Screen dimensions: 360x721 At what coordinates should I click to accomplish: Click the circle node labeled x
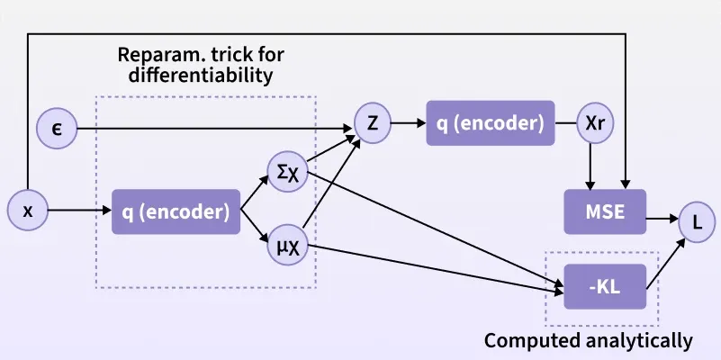pyautogui.click(x=27, y=211)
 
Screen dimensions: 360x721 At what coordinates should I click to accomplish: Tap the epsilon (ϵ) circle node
pyautogui.click(x=55, y=129)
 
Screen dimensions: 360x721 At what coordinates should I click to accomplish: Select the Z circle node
pyautogui.click(x=373, y=123)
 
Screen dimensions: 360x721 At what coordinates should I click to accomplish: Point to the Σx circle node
pyautogui.click(x=287, y=171)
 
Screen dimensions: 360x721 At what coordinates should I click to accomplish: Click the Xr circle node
pyautogui.click(x=595, y=123)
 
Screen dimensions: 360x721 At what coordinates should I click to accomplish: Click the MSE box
pyautogui.click(x=605, y=211)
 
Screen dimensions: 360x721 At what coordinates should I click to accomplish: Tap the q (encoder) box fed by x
pyautogui.click(x=176, y=211)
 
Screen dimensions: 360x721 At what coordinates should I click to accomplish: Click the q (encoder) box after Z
pyautogui.click(x=491, y=123)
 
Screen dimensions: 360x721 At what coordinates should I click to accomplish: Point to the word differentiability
pyautogui.click(x=200, y=76)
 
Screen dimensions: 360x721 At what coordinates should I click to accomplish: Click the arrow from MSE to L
pyautogui.click(x=662, y=218)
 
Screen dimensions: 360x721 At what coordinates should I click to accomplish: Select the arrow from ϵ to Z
pyautogui.click(x=216, y=129)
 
